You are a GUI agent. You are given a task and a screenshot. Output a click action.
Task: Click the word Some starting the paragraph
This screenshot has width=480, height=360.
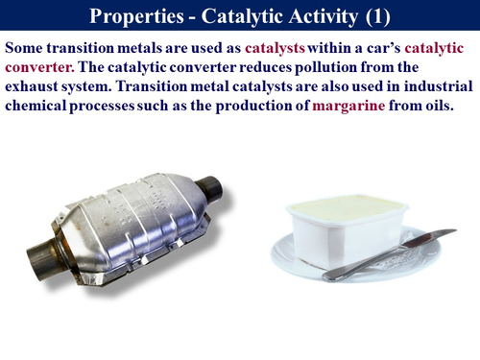coord(28,47)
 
